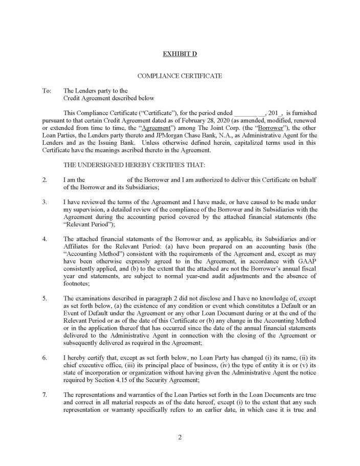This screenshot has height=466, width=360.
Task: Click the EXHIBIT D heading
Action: tap(179, 54)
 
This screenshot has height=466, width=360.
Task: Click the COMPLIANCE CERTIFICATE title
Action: tap(179, 76)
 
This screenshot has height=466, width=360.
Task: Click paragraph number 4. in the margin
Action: tap(45, 239)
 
